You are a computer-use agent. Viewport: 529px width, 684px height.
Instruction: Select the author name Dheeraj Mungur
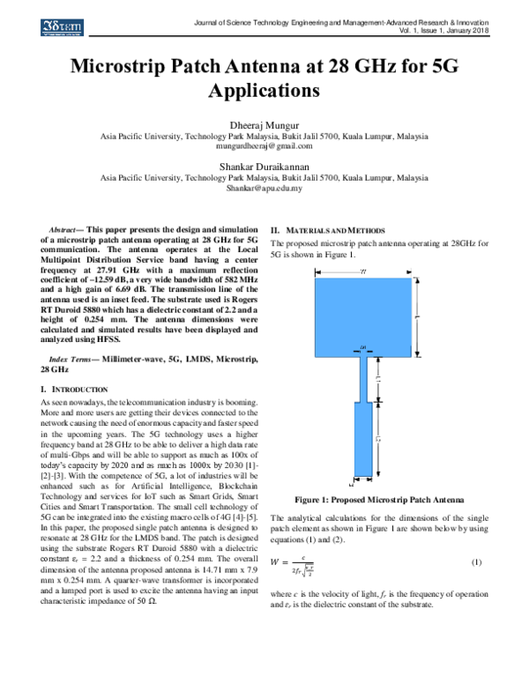(264, 125)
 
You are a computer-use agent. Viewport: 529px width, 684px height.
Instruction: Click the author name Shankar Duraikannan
(264, 165)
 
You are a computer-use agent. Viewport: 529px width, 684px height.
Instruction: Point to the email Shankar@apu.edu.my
(264, 188)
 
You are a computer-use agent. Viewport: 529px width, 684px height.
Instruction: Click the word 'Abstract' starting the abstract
(65, 229)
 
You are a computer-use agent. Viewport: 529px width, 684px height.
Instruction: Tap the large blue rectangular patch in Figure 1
(363, 314)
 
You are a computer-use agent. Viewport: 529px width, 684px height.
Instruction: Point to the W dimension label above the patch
(364, 271)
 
